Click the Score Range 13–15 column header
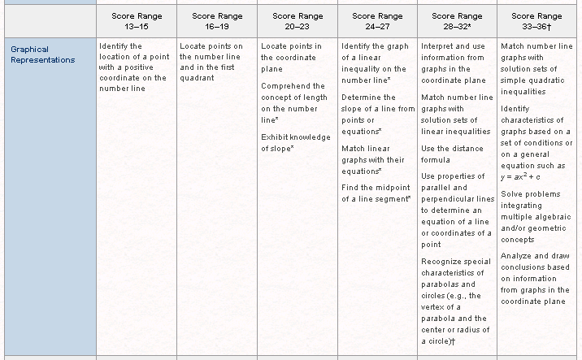137,20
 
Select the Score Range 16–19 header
217,20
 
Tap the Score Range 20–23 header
298,20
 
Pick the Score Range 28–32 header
458,20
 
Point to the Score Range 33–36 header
537,20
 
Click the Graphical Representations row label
42,54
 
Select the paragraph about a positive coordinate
132,67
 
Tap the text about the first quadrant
214,62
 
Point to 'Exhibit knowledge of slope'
296,142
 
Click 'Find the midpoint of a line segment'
376,193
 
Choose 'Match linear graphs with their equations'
374,159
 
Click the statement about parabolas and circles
456,301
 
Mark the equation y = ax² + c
521,176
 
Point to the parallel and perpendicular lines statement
457,210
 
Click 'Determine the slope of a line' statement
377,114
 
